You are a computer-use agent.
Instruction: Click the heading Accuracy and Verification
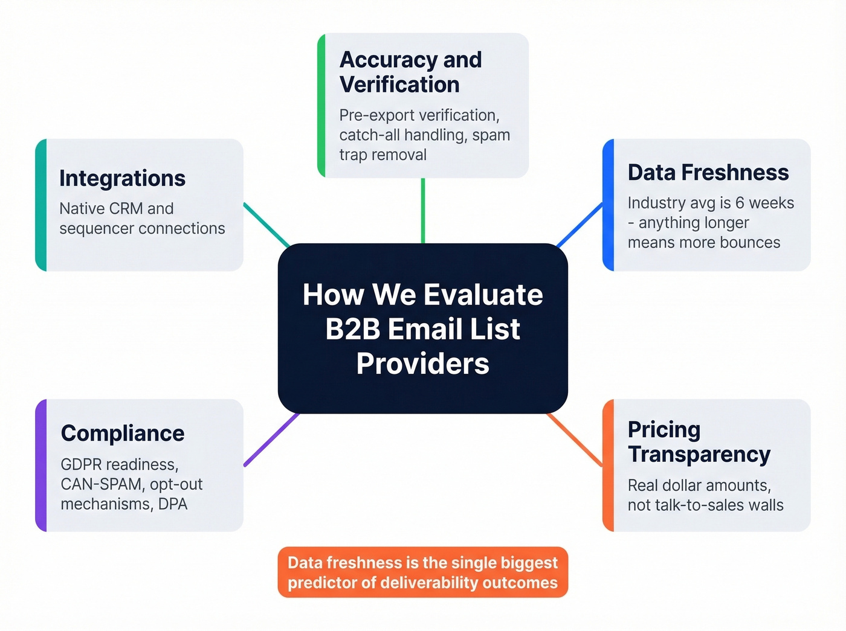click(x=410, y=72)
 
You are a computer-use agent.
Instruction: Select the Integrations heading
click(x=122, y=179)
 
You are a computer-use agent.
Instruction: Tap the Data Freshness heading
click(x=708, y=173)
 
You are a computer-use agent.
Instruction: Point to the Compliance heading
click(x=123, y=434)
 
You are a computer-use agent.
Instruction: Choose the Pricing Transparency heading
click(x=699, y=442)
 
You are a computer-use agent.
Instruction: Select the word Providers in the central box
click(x=422, y=364)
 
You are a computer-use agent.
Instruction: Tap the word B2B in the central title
click(x=352, y=329)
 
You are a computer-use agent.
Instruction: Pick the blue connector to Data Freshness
click(x=579, y=225)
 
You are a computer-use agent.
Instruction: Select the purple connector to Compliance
click(x=272, y=439)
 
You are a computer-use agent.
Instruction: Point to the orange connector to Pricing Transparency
click(x=575, y=440)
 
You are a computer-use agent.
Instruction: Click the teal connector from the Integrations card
click(x=266, y=225)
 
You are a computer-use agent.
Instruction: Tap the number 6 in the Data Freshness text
click(x=740, y=203)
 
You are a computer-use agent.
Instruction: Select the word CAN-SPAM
click(x=101, y=484)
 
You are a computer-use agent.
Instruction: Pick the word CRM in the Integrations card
click(x=126, y=209)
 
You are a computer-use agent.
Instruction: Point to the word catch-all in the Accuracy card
click(x=369, y=135)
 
